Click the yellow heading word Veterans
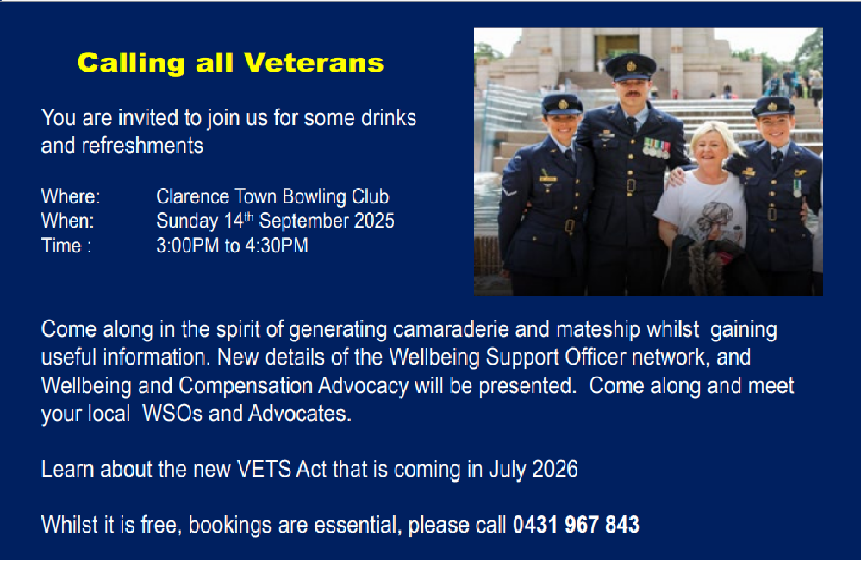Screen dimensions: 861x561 (x=314, y=63)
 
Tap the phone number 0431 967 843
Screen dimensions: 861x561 (x=576, y=525)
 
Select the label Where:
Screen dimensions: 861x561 (x=71, y=196)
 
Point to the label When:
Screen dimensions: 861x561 (x=67, y=221)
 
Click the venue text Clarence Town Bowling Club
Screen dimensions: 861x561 (x=273, y=196)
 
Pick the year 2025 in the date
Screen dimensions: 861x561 (x=374, y=221)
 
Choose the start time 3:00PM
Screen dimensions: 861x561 (x=188, y=246)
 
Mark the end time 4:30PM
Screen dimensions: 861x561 (x=277, y=246)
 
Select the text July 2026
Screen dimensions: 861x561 (x=533, y=470)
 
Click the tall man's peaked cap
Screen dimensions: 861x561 (x=630, y=67)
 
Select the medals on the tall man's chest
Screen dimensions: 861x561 (x=657, y=146)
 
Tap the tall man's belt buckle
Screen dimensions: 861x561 (x=631, y=185)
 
